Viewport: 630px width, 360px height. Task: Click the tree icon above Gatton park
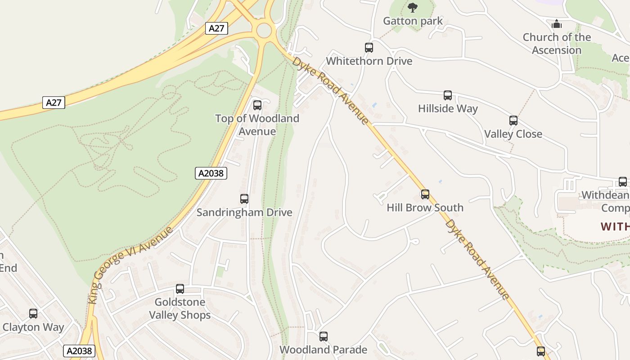(412, 8)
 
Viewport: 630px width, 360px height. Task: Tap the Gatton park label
(413, 21)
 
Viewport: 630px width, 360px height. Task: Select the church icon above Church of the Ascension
(557, 24)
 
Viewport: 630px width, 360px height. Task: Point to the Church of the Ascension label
(557, 44)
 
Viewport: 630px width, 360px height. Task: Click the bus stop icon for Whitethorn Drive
(369, 48)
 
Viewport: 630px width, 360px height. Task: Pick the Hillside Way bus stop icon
(448, 95)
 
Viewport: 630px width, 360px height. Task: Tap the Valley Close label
(513, 134)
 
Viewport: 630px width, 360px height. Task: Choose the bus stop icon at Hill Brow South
(425, 194)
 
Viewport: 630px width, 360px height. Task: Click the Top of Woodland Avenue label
(257, 125)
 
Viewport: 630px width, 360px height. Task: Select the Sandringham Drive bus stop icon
(244, 199)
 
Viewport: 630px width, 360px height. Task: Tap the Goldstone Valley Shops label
(180, 308)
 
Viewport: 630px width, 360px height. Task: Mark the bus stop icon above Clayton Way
(33, 314)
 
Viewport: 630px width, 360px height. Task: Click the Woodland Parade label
(323, 350)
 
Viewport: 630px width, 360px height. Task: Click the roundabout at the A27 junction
(264, 31)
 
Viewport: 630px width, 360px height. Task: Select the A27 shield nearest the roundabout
(216, 28)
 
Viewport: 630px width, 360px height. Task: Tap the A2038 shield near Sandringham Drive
(211, 173)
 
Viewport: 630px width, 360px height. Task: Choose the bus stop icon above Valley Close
(513, 121)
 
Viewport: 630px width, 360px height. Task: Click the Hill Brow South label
(425, 208)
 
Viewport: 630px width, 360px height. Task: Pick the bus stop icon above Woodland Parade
(324, 337)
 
